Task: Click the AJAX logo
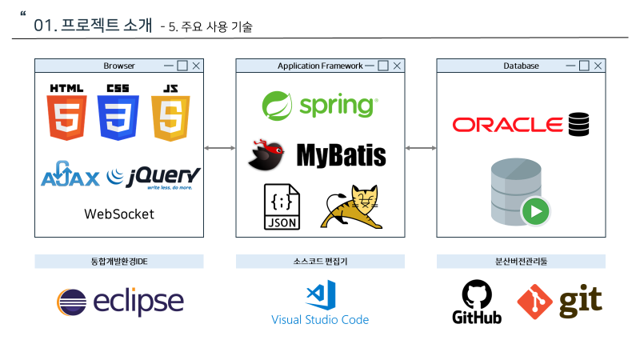pyautogui.click(x=70, y=175)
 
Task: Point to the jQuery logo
pyautogui.click(x=154, y=177)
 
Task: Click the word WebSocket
pyautogui.click(x=119, y=214)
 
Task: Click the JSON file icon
pyautogui.click(x=282, y=208)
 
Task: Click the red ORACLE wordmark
pyautogui.click(x=508, y=125)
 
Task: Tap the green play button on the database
pyautogui.click(x=536, y=213)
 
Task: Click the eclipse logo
pyautogui.click(x=120, y=302)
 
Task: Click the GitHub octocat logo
pyautogui.click(x=477, y=294)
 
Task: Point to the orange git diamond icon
pyautogui.click(x=535, y=302)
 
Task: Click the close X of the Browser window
pyautogui.click(x=196, y=66)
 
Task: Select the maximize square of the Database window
pyautogui.click(x=584, y=66)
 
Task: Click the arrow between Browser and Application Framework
pyautogui.click(x=219, y=148)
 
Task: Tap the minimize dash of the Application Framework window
pyautogui.click(x=370, y=66)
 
